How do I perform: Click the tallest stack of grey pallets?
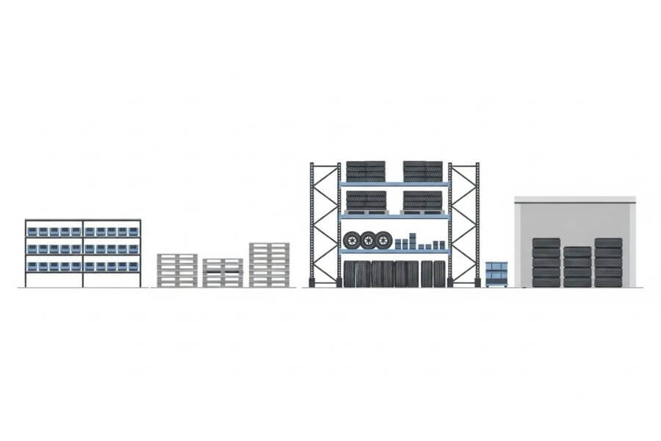pyautogui.click(x=269, y=265)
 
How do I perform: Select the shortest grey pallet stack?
pyautogui.click(x=223, y=273)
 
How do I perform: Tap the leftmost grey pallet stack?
pyautogui.click(x=177, y=270)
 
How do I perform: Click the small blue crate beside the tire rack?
pyautogui.click(x=496, y=273)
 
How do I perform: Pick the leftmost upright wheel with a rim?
pyautogui.click(x=352, y=240)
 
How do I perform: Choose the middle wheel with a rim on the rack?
pyautogui.click(x=368, y=240)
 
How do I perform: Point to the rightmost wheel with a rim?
pyautogui.click(x=384, y=240)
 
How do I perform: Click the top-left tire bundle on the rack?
pyautogui.click(x=366, y=171)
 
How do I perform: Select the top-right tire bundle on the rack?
pyautogui.click(x=423, y=171)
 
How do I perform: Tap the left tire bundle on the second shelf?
pyautogui.click(x=366, y=201)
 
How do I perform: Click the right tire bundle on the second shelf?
pyautogui.click(x=423, y=201)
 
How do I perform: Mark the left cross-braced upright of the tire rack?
pyautogui.click(x=325, y=224)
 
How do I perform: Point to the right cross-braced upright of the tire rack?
pyautogui.click(x=464, y=224)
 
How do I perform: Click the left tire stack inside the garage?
pyautogui.click(x=546, y=262)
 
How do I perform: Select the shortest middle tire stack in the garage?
pyautogui.click(x=577, y=267)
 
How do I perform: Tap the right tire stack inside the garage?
pyautogui.click(x=608, y=262)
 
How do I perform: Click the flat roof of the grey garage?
pyautogui.click(x=574, y=199)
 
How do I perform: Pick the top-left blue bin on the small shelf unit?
pyautogui.click(x=33, y=232)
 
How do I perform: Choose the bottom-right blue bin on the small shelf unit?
pyautogui.click(x=133, y=266)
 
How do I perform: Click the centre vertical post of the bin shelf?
pyautogui.click(x=83, y=254)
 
